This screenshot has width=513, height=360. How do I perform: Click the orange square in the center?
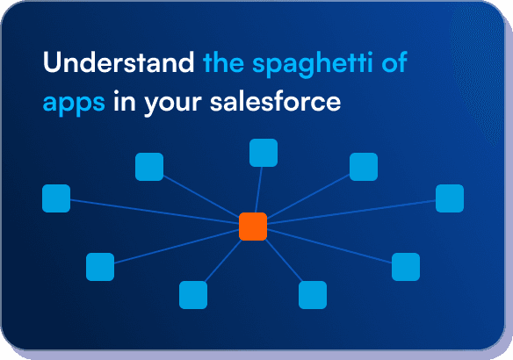253,226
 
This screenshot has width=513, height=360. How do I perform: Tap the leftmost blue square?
56,198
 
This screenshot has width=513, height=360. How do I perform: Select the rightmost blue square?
450,198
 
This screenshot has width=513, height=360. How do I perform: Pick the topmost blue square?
264,153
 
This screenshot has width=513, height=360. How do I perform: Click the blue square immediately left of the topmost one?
149,167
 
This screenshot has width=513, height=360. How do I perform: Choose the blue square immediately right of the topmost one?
364,167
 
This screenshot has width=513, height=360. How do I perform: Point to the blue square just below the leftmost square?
100,266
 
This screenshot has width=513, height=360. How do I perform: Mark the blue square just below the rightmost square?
406,266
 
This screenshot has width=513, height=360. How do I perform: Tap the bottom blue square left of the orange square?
193,295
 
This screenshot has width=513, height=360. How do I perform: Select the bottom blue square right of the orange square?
313,295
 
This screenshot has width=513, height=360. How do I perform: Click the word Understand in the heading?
119,64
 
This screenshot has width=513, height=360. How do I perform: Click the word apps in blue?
74,101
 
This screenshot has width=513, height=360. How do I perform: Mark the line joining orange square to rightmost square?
351,212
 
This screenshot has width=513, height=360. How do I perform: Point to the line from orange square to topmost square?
258,189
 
